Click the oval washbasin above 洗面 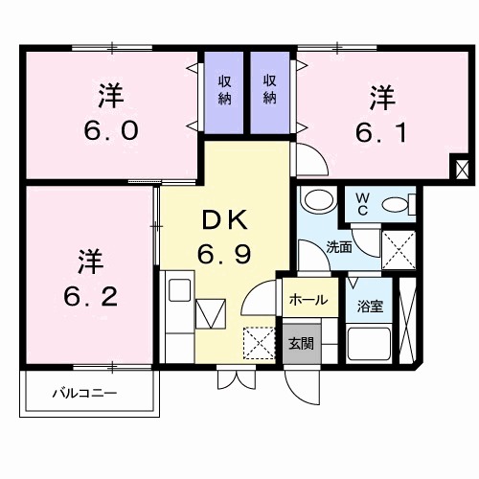click(314, 201)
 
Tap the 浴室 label click(369, 308)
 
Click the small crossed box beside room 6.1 click(464, 170)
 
